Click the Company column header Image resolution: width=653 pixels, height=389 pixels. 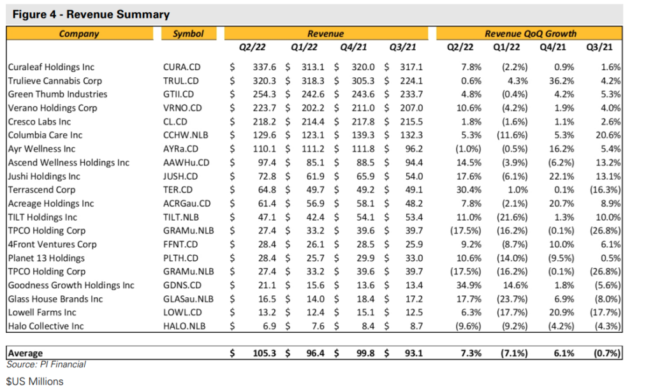pyautogui.click(x=79, y=34)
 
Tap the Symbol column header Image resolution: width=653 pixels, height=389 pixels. pyautogui.click(x=188, y=34)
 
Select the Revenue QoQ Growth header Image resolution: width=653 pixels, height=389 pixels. pyautogui.click(x=530, y=34)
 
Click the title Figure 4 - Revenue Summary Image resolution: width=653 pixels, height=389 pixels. pyautogui.click(x=91, y=15)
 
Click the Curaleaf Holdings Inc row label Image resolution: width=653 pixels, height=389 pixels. pyautogui.click(x=51, y=67)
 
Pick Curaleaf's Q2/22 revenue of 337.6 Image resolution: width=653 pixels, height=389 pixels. pyautogui.click(x=265, y=67)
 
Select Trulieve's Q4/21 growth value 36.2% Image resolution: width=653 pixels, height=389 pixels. pyautogui.click(x=561, y=81)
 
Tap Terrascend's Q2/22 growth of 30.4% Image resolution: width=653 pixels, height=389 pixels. pyautogui.click(x=469, y=190)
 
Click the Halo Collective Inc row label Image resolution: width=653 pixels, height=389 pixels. pyautogui.click(x=46, y=326)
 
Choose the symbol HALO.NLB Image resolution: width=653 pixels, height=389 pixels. pyautogui.click(x=184, y=326)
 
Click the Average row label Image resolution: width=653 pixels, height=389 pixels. pyautogui.click(x=26, y=353)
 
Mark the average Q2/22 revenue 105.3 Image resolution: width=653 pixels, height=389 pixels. pyautogui.click(x=265, y=353)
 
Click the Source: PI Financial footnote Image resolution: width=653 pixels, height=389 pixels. pyautogui.click(x=46, y=364)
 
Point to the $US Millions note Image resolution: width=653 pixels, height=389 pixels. pyautogui.click(x=35, y=381)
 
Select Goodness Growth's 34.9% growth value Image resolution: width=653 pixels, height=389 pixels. pyautogui.click(x=469, y=285)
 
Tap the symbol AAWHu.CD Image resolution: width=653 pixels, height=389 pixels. pyautogui.click(x=186, y=163)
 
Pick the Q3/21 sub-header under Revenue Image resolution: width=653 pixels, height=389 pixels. pyautogui.click(x=403, y=47)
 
